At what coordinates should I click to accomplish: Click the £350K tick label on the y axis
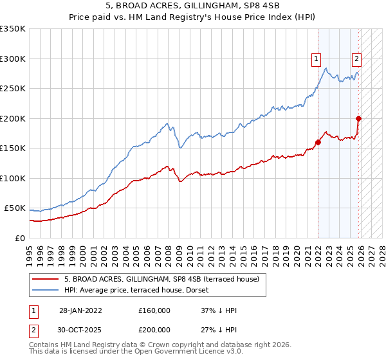click(13, 29)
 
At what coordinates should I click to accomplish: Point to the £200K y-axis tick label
click(13, 118)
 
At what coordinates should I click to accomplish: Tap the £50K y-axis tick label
click(15, 208)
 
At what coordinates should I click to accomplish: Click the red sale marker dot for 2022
click(318, 143)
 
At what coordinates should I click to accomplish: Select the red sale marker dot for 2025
click(358, 118)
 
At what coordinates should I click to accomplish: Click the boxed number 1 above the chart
click(317, 59)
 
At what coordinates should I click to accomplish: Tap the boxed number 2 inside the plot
click(356, 59)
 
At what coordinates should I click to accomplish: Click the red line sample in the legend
click(46, 279)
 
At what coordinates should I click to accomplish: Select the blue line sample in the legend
click(46, 290)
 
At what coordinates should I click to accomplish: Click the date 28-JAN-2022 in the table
click(80, 310)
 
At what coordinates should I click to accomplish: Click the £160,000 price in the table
click(154, 310)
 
